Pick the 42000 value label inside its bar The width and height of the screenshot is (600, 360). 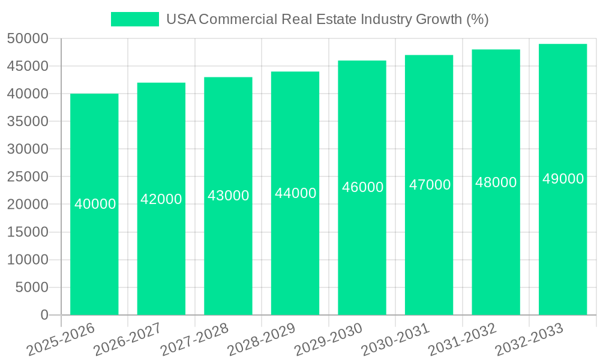click(161, 199)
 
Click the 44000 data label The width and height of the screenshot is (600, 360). click(295, 193)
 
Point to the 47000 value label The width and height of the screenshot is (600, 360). click(430, 185)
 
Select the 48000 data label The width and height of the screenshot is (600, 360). click(496, 182)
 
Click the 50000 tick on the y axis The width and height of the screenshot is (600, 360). click(28, 38)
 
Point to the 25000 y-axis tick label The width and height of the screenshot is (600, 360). click(28, 177)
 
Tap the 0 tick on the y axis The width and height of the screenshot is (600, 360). click(44, 315)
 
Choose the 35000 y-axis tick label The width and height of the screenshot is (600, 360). click(28, 121)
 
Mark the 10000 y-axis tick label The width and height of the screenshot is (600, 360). click(28, 260)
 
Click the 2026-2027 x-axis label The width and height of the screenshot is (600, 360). click(128, 338)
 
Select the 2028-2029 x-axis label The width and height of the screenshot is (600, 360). click(262, 338)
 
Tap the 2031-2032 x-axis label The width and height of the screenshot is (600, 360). click(463, 338)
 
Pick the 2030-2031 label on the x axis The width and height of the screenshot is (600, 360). click(395, 338)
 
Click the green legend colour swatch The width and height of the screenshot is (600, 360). click(135, 19)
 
